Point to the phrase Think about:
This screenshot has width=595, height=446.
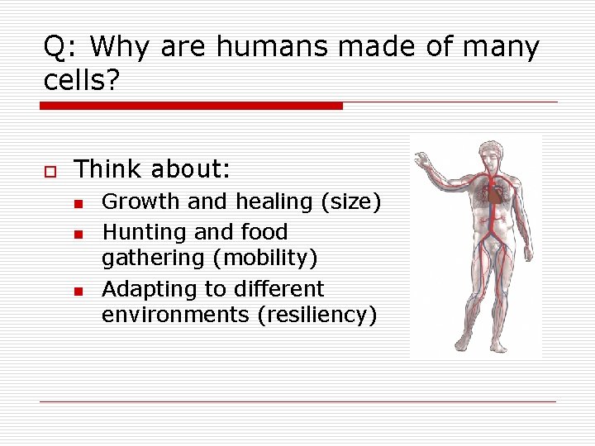[152, 169]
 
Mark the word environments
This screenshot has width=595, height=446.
[174, 315]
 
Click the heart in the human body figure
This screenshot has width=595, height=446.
[494, 194]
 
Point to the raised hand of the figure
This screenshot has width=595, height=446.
[425, 158]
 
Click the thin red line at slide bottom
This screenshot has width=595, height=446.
[297, 401]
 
